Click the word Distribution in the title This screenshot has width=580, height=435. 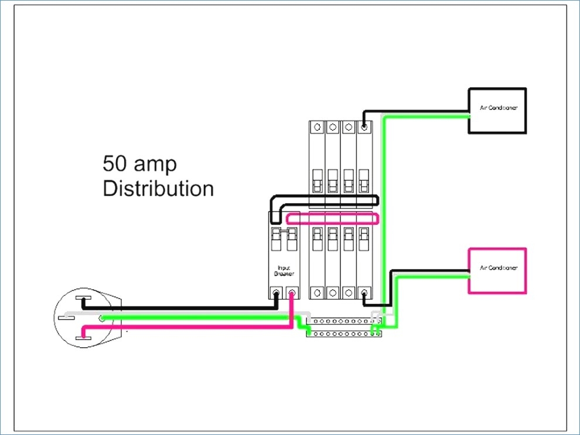[158, 189]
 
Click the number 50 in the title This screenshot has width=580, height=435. [115, 163]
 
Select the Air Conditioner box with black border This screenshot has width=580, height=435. [497, 110]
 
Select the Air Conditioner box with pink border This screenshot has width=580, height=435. [497, 270]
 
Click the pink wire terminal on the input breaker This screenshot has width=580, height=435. [291, 292]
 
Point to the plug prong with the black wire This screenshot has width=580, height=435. [84, 302]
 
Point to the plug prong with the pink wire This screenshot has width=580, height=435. [84, 333]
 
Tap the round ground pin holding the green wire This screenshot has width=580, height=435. [102, 318]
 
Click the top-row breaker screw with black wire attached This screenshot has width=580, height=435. [364, 126]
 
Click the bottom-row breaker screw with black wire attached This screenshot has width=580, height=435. [364, 292]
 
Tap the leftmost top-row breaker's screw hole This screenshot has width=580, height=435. [317, 126]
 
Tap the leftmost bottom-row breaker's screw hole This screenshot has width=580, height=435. [317, 292]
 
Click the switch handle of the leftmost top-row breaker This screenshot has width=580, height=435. [317, 181]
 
